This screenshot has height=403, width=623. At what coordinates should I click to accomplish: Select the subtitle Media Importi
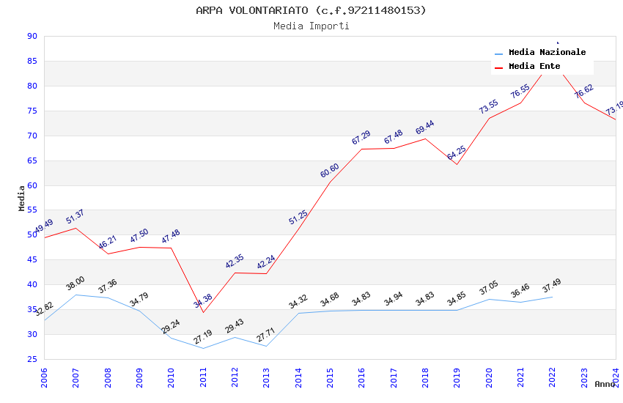point(311,26)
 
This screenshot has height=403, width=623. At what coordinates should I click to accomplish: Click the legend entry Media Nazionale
point(547,52)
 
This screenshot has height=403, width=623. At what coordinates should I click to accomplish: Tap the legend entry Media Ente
point(534,66)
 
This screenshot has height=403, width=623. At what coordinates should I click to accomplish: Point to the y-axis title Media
point(22,198)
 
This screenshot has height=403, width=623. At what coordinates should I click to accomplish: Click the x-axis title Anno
point(605,384)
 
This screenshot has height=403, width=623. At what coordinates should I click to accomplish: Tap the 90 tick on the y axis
point(32,36)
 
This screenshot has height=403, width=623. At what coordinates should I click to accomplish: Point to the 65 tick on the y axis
point(32,160)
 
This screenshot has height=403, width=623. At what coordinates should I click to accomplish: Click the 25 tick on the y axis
point(32,359)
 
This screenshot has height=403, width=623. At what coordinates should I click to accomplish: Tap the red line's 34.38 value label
point(203,300)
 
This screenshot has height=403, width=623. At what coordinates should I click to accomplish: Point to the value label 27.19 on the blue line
point(203,338)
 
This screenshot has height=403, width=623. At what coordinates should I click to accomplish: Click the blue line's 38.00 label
point(75,283)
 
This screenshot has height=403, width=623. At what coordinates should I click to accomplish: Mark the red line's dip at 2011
point(202,312)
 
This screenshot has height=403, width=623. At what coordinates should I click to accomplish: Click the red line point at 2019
point(456,164)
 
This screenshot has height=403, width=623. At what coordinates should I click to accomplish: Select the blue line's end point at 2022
point(551,297)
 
